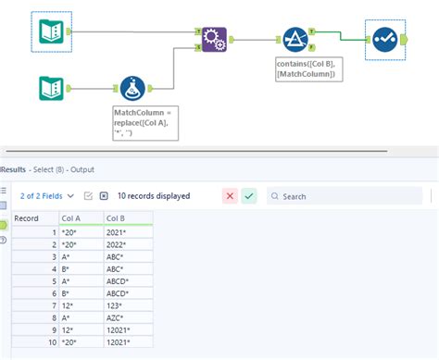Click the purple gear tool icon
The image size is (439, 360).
click(x=214, y=40)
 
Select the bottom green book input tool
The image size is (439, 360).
click(x=51, y=88)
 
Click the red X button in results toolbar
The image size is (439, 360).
click(x=230, y=195)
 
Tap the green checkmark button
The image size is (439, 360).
click(x=248, y=195)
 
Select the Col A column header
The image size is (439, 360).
click(x=70, y=217)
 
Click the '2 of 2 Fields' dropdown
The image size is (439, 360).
click(x=43, y=195)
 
